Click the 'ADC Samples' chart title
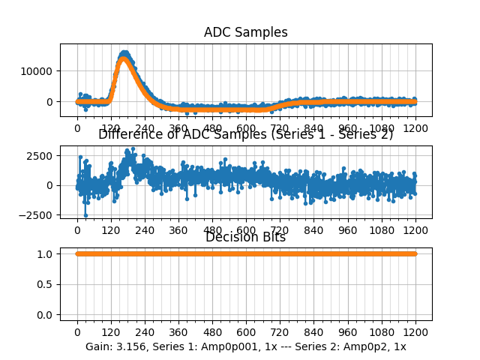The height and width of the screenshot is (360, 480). tap(245, 32)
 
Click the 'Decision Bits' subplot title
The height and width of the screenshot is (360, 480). tap(245, 238)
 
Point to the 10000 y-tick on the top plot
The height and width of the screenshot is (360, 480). tap(37, 71)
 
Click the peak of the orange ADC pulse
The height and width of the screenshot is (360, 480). tap(124, 60)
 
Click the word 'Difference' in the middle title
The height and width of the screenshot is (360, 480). tap(126, 135)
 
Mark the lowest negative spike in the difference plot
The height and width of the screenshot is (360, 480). tap(85, 215)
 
